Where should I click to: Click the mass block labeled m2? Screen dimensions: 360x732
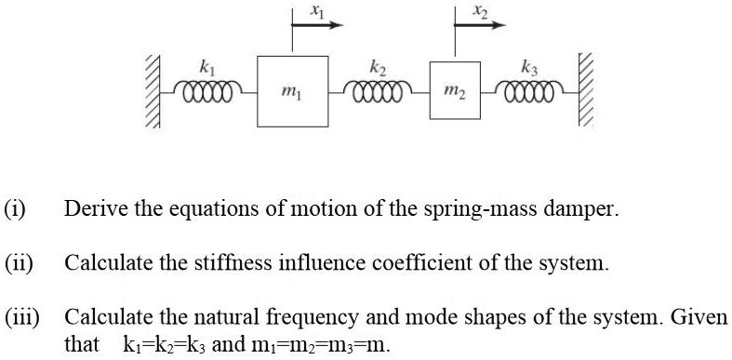(x=455, y=91)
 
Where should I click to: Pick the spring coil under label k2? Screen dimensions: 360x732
(x=379, y=91)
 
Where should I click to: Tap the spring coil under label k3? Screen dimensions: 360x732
(x=529, y=91)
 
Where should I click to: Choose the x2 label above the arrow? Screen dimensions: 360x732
(x=479, y=10)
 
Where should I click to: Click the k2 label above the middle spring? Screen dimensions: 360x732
(x=377, y=66)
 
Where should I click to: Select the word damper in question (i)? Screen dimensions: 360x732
(x=584, y=208)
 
